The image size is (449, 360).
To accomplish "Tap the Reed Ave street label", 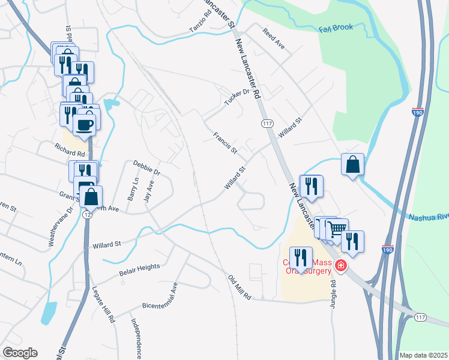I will (x=273, y=37).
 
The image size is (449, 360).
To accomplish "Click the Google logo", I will (x=20, y=353).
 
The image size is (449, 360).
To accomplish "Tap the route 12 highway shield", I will (x=87, y=214).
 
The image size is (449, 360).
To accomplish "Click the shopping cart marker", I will (x=337, y=228).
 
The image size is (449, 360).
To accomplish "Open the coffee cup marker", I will (x=83, y=125).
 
